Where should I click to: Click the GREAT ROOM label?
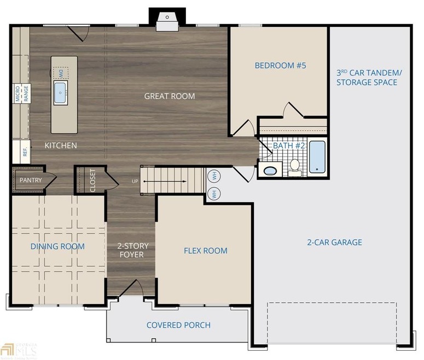(169, 96)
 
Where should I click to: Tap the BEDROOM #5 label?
(280, 66)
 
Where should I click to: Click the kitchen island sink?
(60, 93)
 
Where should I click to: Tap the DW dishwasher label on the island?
(61, 72)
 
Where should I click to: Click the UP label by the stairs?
(135, 181)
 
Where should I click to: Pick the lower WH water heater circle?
(214, 193)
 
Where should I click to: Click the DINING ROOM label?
(57, 246)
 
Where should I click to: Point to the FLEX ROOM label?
(205, 251)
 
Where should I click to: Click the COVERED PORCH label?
(178, 325)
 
